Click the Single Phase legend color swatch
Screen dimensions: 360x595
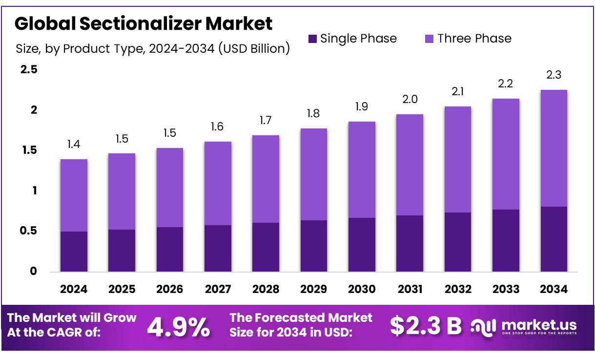[x=313, y=39]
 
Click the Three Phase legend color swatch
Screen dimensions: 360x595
[x=430, y=39]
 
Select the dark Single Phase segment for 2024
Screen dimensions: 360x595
[x=74, y=252]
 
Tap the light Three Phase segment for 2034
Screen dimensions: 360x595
[x=554, y=148]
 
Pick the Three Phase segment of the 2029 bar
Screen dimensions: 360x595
[x=314, y=174]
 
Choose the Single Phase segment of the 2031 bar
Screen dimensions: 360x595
[x=410, y=243]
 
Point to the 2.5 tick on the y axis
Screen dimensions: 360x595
[x=29, y=69]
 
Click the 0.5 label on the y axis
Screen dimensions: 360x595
[x=29, y=231]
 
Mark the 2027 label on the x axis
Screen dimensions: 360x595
[x=218, y=289]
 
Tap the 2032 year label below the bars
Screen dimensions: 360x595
[x=458, y=289]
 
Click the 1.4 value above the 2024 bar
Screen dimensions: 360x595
[x=74, y=144]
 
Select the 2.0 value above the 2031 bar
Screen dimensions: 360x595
[x=410, y=99]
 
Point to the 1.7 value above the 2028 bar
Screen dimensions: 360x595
[x=266, y=120]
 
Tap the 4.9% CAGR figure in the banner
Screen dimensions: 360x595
[x=179, y=327]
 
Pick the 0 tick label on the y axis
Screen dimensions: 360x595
[x=33, y=272]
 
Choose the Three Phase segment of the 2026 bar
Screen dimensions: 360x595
[x=170, y=188]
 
